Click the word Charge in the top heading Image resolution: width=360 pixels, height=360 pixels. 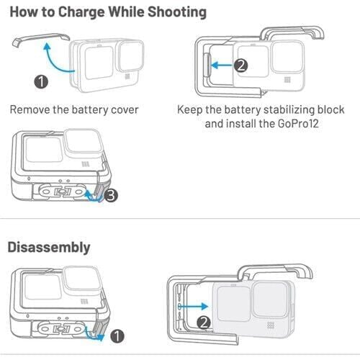(x=81, y=12)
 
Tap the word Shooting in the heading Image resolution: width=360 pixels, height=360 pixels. (x=177, y=12)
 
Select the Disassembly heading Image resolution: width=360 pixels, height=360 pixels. (x=49, y=248)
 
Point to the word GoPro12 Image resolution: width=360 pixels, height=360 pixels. (x=298, y=124)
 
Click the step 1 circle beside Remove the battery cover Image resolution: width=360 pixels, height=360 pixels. (x=41, y=81)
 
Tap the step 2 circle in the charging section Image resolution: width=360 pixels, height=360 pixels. (x=240, y=66)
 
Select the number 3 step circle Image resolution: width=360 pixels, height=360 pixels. (x=111, y=195)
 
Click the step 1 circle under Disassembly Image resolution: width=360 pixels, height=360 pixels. (x=117, y=336)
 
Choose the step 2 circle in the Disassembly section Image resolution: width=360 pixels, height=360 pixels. (x=204, y=323)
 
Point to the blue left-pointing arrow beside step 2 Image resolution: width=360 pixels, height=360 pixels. (x=221, y=65)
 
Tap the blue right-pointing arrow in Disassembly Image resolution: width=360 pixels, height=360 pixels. (x=193, y=306)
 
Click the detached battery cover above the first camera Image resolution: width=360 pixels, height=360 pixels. (x=41, y=38)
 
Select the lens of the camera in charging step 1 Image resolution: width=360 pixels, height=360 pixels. (x=130, y=56)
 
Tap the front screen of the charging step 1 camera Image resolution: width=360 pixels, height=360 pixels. (x=99, y=63)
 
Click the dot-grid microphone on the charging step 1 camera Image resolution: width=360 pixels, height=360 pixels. (x=127, y=76)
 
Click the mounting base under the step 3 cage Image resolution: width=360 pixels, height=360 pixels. (x=62, y=192)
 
